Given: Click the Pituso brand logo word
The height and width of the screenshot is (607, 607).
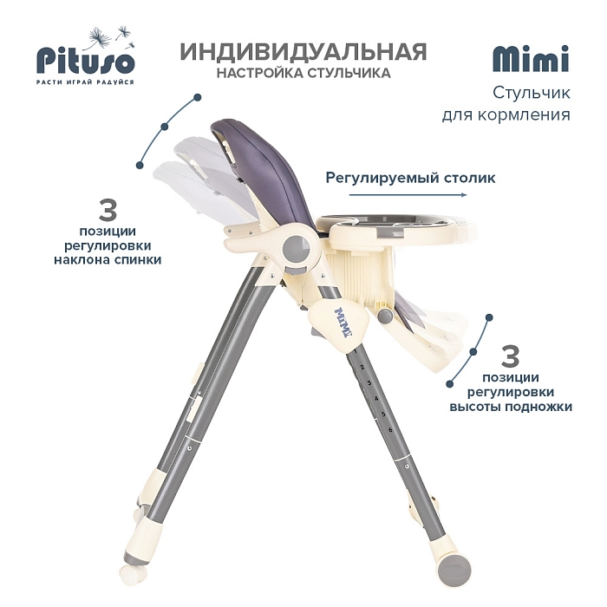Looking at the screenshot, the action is point(86,62).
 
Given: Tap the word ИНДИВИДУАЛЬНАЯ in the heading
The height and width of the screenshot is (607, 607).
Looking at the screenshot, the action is point(303,51).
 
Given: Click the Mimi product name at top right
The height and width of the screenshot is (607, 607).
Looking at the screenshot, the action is point(531,59).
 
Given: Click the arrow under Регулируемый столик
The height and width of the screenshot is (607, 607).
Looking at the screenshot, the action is point(408,194).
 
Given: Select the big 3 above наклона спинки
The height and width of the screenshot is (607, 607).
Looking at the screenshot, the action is point(108,210).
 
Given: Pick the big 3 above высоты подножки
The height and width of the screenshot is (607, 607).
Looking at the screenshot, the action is point(510,356).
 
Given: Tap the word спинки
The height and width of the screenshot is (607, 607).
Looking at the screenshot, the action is point(137,260).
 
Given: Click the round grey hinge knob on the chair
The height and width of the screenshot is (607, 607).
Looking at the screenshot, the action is point(297,249).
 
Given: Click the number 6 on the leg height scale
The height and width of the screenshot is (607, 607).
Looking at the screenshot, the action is point(390,430).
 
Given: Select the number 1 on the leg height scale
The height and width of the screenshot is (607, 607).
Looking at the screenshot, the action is point(355,351).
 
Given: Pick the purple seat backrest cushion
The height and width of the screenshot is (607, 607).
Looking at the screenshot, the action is point(267,170).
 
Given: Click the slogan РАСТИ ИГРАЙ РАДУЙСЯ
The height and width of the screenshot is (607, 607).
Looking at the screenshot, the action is point(85,82).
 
